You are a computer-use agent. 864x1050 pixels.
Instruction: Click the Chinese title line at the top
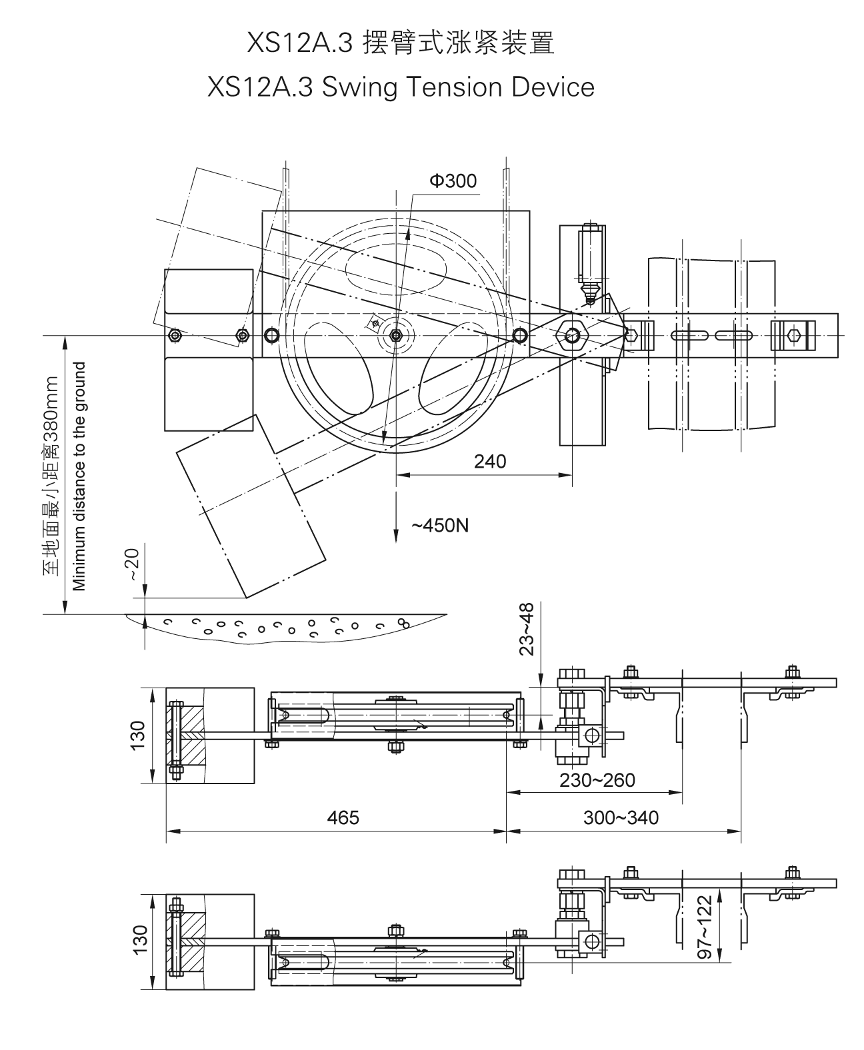pyautogui.click(x=400, y=44)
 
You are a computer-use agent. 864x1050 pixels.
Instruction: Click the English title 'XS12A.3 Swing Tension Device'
pyautogui.click(x=401, y=87)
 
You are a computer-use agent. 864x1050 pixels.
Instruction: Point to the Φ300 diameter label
pyautogui.click(x=453, y=181)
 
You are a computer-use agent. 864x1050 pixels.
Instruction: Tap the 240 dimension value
pyautogui.click(x=490, y=461)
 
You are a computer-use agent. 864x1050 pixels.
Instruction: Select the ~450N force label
pyautogui.click(x=439, y=526)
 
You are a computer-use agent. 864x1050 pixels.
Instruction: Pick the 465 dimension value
pyautogui.click(x=343, y=817)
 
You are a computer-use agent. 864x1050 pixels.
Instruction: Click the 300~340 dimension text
pyautogui.click(x=621, y=817)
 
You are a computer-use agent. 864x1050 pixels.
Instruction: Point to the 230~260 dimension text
pyautogui.click(x=597, y=780)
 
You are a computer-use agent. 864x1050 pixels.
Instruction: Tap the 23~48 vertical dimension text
pyautogui.click(x=527, y=630)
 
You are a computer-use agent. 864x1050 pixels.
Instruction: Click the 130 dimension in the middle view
pyautogui.click(x=137, y=735)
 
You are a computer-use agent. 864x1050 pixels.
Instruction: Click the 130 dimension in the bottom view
pyautogui.click(x=137, y=940)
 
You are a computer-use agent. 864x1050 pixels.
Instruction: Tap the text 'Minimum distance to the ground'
pyautogui.click(x=80, y=476)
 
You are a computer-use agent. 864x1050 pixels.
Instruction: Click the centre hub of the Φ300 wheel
pyautogui.click(x=397, y=335)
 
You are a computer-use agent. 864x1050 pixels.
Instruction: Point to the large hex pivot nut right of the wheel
pyautogui.click(x=571, y=335)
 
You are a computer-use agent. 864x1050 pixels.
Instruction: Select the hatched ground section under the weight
pyautogui.click(x=287, y=625)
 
